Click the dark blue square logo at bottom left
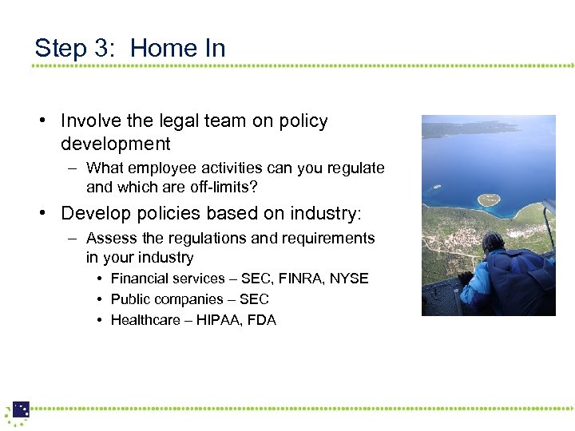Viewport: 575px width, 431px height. [x=21, y=409]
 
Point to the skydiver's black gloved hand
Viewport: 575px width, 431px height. [x=465, y=278]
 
